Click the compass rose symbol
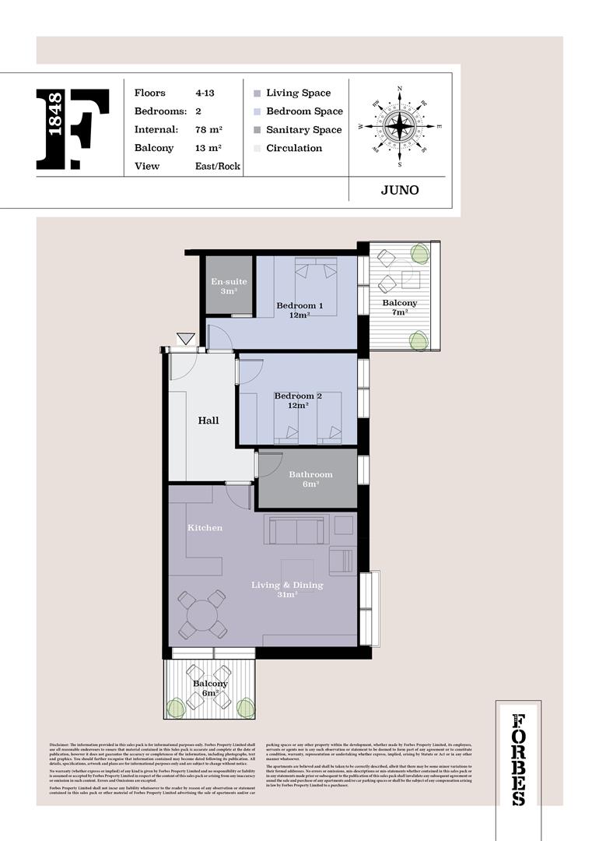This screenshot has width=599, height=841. [400, 125]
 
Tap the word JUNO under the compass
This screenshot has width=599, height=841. [400, 190]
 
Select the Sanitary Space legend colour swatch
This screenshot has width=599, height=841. [257, 130]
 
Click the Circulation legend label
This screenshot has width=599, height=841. [294, 148]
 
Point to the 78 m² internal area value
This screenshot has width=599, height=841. [209, 130]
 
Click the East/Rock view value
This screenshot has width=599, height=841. [218, 166]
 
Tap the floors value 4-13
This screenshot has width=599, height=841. [205, 93]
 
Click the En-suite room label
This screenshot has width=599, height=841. [229, 286]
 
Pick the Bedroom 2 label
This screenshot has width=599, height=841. [298, 400]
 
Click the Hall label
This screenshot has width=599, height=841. [208, 420]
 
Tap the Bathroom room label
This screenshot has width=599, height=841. [310, 479]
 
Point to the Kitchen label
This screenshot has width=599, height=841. [205, 528]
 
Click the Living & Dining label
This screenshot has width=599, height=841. [287, 589]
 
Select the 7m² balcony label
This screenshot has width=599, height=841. [400, 308]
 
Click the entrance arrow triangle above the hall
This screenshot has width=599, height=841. [185, 339]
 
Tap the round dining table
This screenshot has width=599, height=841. [202, 614]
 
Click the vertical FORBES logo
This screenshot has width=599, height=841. [519, 759]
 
